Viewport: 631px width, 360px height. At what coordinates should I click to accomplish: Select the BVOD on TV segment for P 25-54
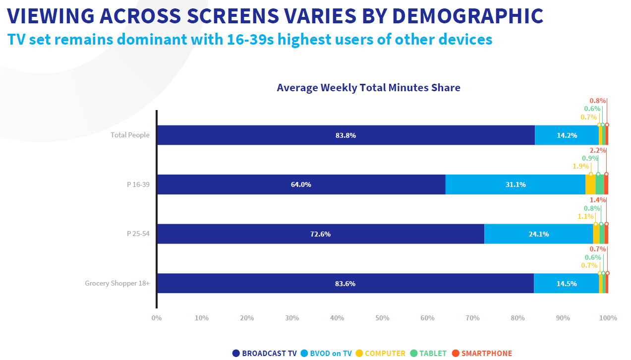click(x=538, y=234)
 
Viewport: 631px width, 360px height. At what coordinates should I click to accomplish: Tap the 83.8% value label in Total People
click(x=345, y=135)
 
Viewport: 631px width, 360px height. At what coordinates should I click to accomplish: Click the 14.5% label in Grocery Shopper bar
click(x=566, y=284)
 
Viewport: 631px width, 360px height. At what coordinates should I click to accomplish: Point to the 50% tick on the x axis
click(x=382, y=318)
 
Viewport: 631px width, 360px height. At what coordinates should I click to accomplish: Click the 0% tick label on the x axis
click(x=157, y=318)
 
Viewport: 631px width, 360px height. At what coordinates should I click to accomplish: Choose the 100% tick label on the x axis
click(x=608, y=318)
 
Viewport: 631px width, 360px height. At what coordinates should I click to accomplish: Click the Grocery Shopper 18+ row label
click(x=117, y=284)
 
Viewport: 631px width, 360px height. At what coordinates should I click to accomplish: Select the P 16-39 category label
click(x=138, y=184)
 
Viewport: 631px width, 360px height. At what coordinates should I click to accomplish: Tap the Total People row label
click(x=130, y=135)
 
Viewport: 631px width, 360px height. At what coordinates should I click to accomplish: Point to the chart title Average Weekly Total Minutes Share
click(x=368, y=88)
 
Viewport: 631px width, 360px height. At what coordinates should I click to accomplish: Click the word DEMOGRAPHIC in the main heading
click(x=467, y=16)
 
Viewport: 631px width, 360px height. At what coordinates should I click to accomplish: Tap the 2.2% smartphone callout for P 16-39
click(x=597, y=150)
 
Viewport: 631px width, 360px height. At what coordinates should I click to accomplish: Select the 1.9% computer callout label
click(x=580, y=166)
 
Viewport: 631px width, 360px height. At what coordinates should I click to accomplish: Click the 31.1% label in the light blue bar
click(x=516, y=184)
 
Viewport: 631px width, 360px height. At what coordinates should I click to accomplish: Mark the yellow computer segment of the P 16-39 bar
click(x=590, y=184)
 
